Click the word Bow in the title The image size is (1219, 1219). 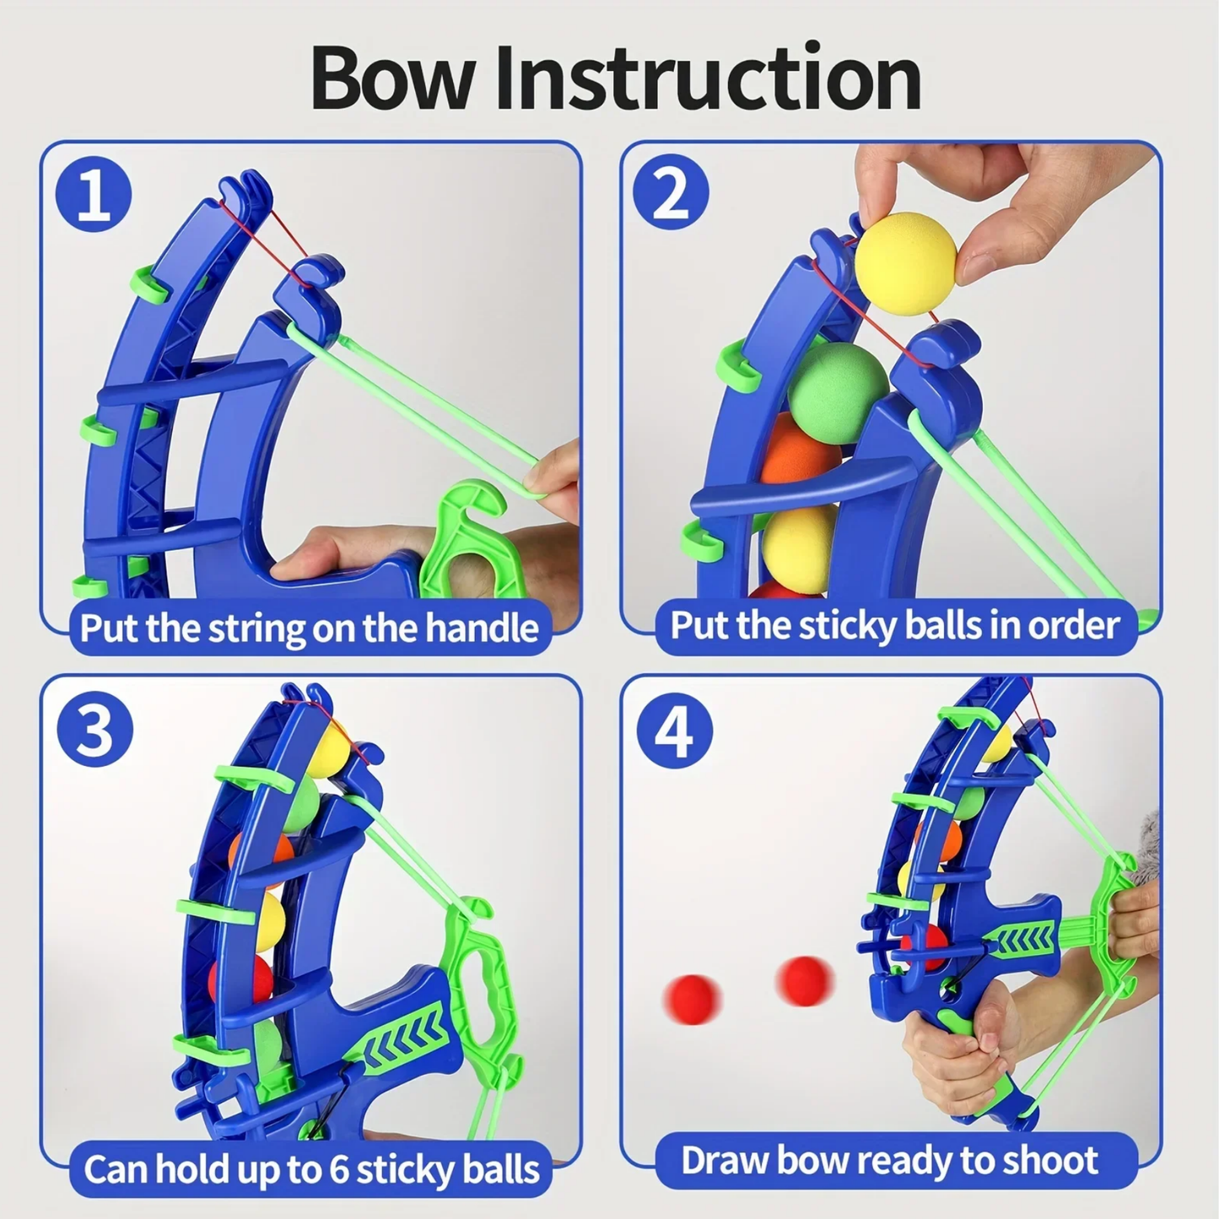pos(393,78)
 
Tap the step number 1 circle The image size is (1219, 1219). pos(94,194)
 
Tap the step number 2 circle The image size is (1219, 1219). pos(671,194)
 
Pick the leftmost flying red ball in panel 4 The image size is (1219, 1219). pos(693,999)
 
